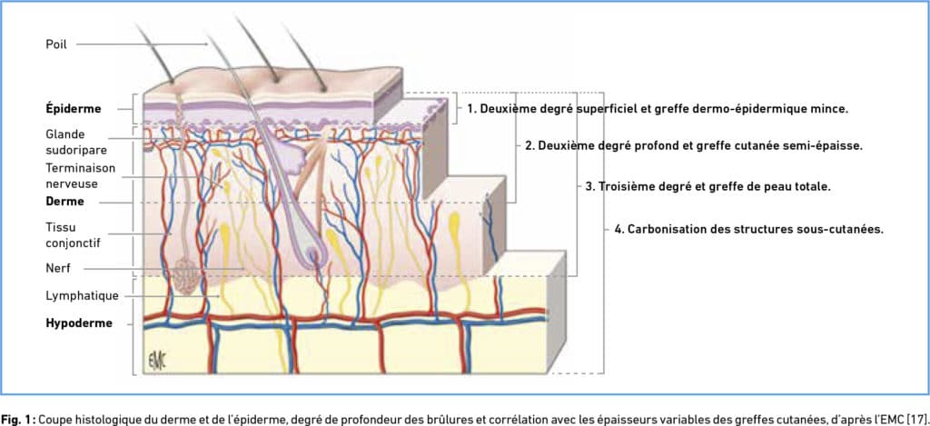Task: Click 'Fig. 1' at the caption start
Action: [x=17, y=417]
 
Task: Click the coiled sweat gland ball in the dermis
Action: [x=188, y=274]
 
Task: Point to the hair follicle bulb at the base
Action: [x=315, y=258]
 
